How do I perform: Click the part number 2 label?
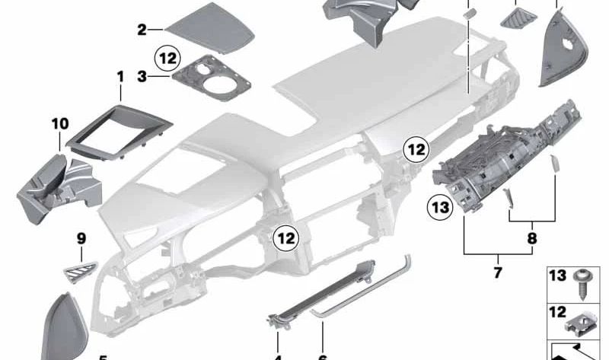click(x=142, y=30)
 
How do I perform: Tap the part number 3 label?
click(x=142, y=76)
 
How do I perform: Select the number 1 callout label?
click(x=120, y=77)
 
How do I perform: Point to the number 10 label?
click(x=60, y=123)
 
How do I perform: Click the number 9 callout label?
click(x=81, y=239)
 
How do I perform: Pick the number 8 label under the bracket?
click(x=531, y=237)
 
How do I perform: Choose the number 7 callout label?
click(x=498, y=272)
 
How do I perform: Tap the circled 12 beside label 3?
click(x=167, y=57)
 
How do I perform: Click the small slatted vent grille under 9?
click(x=80, y=267)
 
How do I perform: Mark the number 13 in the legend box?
click(x=558, y=275)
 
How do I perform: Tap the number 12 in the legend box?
click(x=558, y=312)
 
